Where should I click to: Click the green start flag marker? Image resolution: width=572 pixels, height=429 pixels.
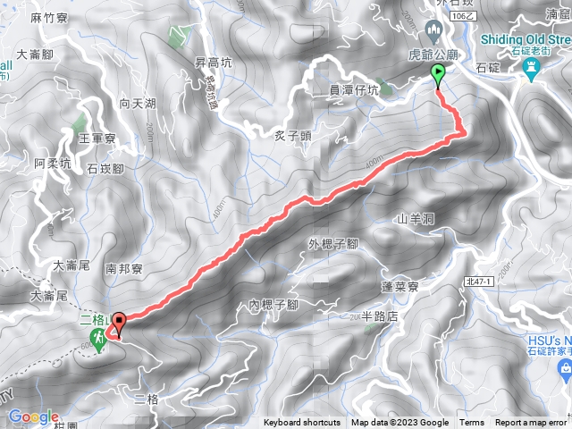438,75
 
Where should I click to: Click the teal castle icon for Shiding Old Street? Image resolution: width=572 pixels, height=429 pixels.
534,52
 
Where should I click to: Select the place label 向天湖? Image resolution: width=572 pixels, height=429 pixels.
138,104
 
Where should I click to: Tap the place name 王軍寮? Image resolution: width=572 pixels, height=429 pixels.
97,139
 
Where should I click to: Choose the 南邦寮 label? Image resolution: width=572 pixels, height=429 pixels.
124,267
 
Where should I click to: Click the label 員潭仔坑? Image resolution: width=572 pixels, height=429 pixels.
353,89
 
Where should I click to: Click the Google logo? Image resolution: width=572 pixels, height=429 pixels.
33,416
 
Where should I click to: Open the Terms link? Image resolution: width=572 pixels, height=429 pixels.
472,423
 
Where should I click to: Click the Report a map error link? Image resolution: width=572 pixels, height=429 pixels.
533,423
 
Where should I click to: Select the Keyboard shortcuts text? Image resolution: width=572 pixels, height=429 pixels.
301,423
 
